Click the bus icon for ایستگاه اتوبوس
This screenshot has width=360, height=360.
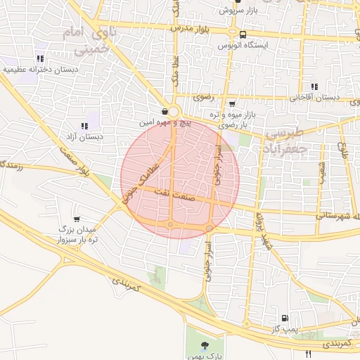tap(243, 34)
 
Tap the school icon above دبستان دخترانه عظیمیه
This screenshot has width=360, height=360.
tap(40, 58)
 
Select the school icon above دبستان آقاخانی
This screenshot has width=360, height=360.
tap(314, 86)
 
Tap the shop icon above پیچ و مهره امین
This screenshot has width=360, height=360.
tap(164, 111)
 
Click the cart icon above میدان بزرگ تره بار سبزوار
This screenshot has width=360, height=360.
tap(76, 219)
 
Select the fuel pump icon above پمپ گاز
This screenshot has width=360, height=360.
tap(284, 318)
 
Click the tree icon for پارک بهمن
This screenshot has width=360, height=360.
tap(205, 345)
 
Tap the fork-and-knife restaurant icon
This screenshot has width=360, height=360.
tap(308, 354)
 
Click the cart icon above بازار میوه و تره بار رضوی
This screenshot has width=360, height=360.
tap(232, 103)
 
